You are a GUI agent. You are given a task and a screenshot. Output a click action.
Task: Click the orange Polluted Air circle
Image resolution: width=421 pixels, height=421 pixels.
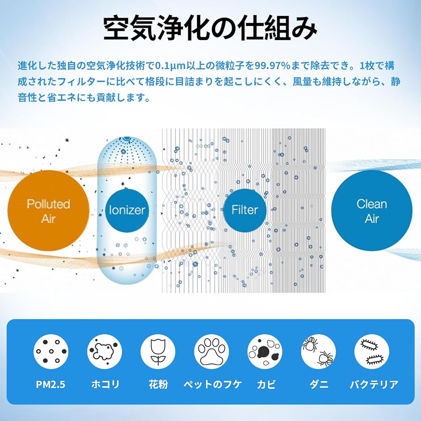(48, 211)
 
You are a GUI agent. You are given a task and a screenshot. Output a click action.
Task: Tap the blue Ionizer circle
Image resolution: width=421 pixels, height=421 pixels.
(127, 211)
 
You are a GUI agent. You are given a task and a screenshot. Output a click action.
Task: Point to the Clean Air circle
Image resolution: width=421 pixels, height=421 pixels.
(372, 211)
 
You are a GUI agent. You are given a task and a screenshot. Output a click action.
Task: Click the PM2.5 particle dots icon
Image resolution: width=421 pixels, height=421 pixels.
(51, 352)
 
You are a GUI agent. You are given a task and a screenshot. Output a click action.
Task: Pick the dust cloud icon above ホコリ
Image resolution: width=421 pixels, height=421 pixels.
(104, 352)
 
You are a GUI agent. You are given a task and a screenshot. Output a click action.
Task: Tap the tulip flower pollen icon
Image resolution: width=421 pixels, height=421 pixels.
(158, 352)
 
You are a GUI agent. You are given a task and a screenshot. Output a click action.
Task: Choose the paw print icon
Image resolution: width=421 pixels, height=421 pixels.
(211, 352)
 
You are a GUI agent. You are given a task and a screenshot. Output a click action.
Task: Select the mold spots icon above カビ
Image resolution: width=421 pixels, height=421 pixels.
(265, 352)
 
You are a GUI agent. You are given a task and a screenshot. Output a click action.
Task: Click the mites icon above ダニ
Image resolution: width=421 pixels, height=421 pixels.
(318, 352)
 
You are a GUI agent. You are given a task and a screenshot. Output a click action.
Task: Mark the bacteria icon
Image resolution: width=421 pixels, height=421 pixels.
(372, 352)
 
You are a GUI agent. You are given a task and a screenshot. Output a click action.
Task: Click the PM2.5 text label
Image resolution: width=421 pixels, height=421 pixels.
(51, 384)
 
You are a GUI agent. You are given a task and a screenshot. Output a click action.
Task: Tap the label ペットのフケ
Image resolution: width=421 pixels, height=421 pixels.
(213, 384)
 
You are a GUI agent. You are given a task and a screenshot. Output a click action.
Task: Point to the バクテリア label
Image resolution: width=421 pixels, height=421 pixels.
(374, 384)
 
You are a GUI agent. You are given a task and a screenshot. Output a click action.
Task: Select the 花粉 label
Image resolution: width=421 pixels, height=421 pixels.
(158, 384)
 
